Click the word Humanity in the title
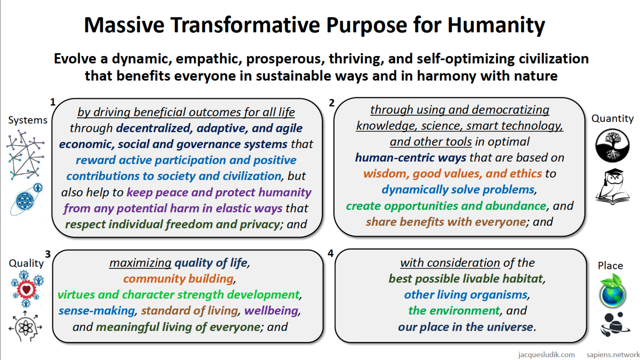[496, 25]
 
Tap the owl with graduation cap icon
[613, 187]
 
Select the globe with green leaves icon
[613, 290]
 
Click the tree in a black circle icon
[613, 145]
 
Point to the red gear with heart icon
[26, 289]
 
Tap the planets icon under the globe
[615, 325]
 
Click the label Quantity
[613, 118]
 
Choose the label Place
[610, 266]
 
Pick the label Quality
[26, 263]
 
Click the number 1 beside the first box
[53, 102]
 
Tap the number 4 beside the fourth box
[330, 253]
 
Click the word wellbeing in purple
[271, 311]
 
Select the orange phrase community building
[178, 279]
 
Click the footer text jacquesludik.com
[547, 354]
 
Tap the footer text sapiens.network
[613, 354]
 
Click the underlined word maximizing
[140, 263]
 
